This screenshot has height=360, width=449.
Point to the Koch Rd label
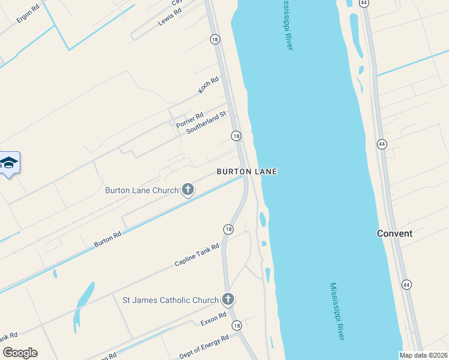coord(208,85)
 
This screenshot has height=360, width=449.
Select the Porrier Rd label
coord(190,119)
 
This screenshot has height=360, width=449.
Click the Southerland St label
coord(206,122)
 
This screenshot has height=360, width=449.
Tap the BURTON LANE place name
coord(247,172)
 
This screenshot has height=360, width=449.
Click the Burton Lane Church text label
coord(142,190)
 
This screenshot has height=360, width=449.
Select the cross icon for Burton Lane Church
coord(188,190)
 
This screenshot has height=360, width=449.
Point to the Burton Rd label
coord(108,239)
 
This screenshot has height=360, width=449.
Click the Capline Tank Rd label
coord(197,256)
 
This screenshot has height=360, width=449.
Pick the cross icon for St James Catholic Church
coord(228,299)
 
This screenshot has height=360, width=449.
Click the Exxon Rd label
coord(214,319)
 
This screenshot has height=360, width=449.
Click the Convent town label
coord(394,233)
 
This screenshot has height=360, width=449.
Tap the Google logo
coord(20,353)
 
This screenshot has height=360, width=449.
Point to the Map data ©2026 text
coord(424,355)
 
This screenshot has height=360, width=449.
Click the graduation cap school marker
coord(9,163)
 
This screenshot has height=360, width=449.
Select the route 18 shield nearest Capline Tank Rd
coord(228,229)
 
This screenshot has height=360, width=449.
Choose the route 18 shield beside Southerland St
coord(237,136)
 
